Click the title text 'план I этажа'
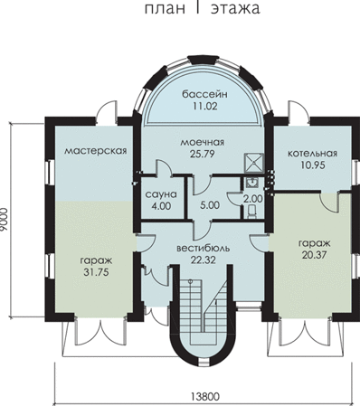pyautogui.click(x=202, y=8)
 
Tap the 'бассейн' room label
pyautogui.click(x=204, y=94)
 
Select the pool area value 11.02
pyautogui.click(x=204, y=106)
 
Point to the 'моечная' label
pyautogui.click(x=203, y=142)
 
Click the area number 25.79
pyautogui.click(x=203, y=154)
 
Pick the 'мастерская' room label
pyautogui.click(x=95, y=151)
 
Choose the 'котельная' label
pyautogui.click(x=312, y=154)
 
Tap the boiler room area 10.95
pyautogui.click(x=312, y=165)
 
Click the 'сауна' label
pyautogui.click(x=161, y=194)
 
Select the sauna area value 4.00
pyautogui.click(x=161, y=206)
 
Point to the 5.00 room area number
pyautogui.click(x=210, y=205)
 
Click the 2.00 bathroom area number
pyautogui.click(x=253, y=199)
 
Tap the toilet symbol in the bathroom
pyautogui.click(x=251, y=211)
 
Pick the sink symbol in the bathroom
pyautogui.click(x=251, y=183)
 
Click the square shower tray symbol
pyautogui.click(x=254, y=162)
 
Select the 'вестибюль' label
pyautogui.click(x=204, y=249)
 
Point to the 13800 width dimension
pyautogui.click(x=205, y=396)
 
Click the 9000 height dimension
pyautogui.click(x=5, y=219)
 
